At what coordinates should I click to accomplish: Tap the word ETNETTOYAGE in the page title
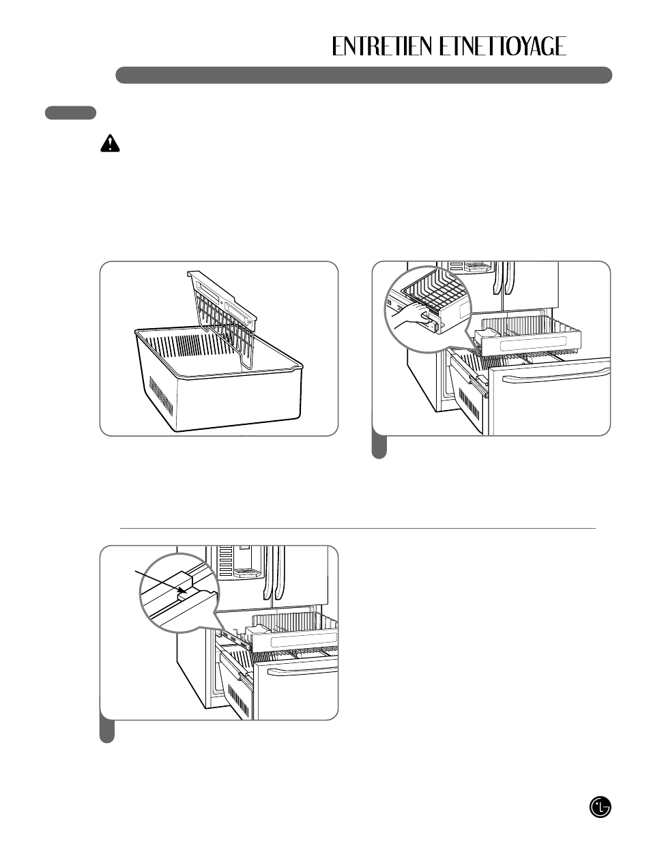point(502,46)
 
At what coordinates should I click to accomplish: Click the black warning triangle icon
point(108,143)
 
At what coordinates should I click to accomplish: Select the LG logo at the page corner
point(600,808)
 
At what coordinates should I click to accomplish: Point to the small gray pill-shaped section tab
point(70,113)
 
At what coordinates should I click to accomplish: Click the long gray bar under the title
point(363,75)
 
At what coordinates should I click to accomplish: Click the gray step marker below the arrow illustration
point(107,731)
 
